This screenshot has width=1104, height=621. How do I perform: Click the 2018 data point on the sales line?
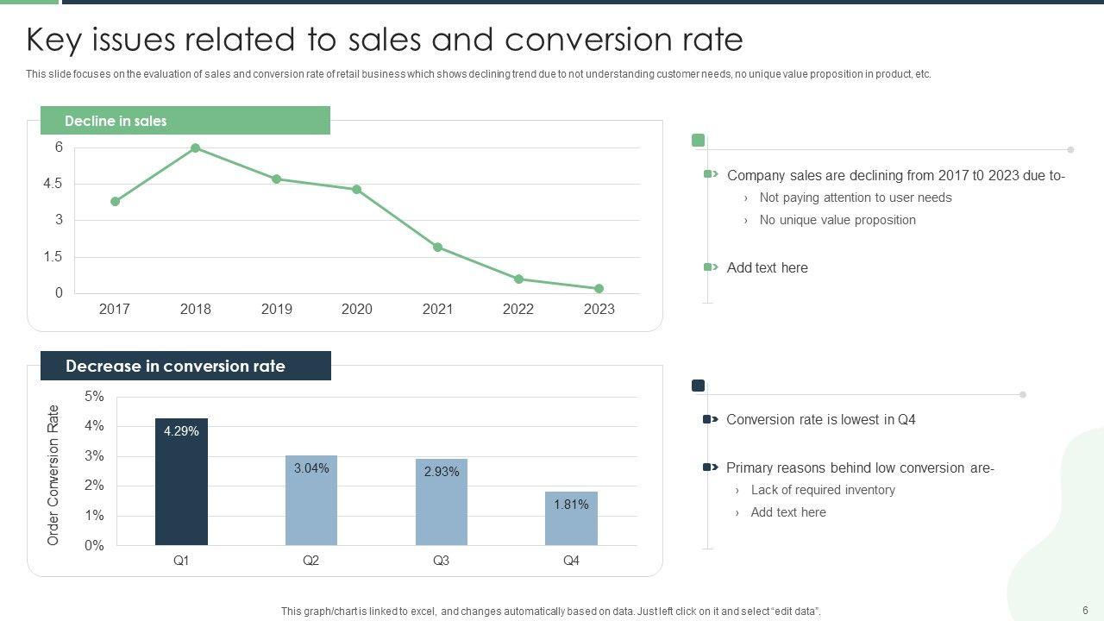coord(196,148)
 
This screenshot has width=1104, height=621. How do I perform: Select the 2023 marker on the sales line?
coord(599,289)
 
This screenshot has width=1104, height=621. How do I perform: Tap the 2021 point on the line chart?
coord(437,248)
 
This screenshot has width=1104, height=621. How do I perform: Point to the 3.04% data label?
coord(311,468)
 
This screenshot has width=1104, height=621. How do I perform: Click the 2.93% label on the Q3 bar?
coord(442,472)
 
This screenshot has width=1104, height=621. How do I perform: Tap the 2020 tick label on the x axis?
coord(356,309)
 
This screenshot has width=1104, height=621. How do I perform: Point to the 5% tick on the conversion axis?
coord(94,397)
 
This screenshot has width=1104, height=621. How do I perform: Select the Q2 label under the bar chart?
coord(311,561)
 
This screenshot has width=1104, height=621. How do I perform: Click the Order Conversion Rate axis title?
coord(53,474)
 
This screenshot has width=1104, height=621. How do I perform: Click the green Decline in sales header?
coord(185,121)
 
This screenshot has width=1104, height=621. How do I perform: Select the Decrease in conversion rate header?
coord(185,366)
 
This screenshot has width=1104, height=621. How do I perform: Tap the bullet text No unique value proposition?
coord(837,220)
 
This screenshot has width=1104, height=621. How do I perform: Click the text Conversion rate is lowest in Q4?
coord(820,420)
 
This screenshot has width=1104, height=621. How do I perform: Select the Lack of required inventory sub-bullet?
coord(823,490)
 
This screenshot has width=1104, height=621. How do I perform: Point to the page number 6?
coord(1085,611)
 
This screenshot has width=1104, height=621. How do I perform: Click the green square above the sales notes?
coord(699,141)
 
